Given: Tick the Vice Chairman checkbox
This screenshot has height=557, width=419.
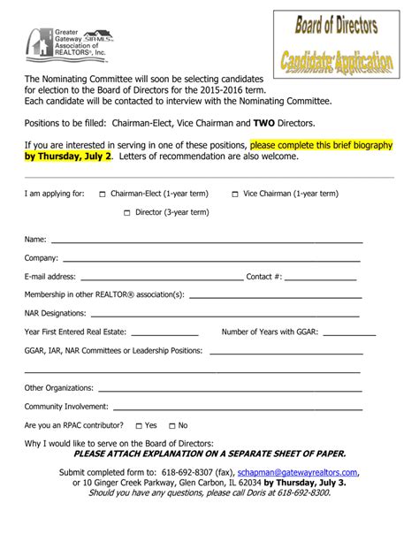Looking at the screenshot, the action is [234, 194].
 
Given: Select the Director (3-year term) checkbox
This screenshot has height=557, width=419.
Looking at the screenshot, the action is [127, 212].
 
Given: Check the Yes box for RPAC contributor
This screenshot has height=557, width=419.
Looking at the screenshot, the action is [138, 425].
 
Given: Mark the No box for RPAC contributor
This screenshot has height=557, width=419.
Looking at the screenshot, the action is [171, 425].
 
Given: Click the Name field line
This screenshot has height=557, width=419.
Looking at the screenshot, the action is [206, 240].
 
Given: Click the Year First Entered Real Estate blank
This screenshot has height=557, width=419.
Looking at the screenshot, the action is [164, 333].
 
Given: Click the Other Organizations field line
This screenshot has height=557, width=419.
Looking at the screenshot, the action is [221, 388].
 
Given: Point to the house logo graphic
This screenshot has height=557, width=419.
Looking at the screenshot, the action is [40, 42].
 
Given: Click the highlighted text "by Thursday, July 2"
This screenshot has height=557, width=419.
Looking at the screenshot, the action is [69, 156].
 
